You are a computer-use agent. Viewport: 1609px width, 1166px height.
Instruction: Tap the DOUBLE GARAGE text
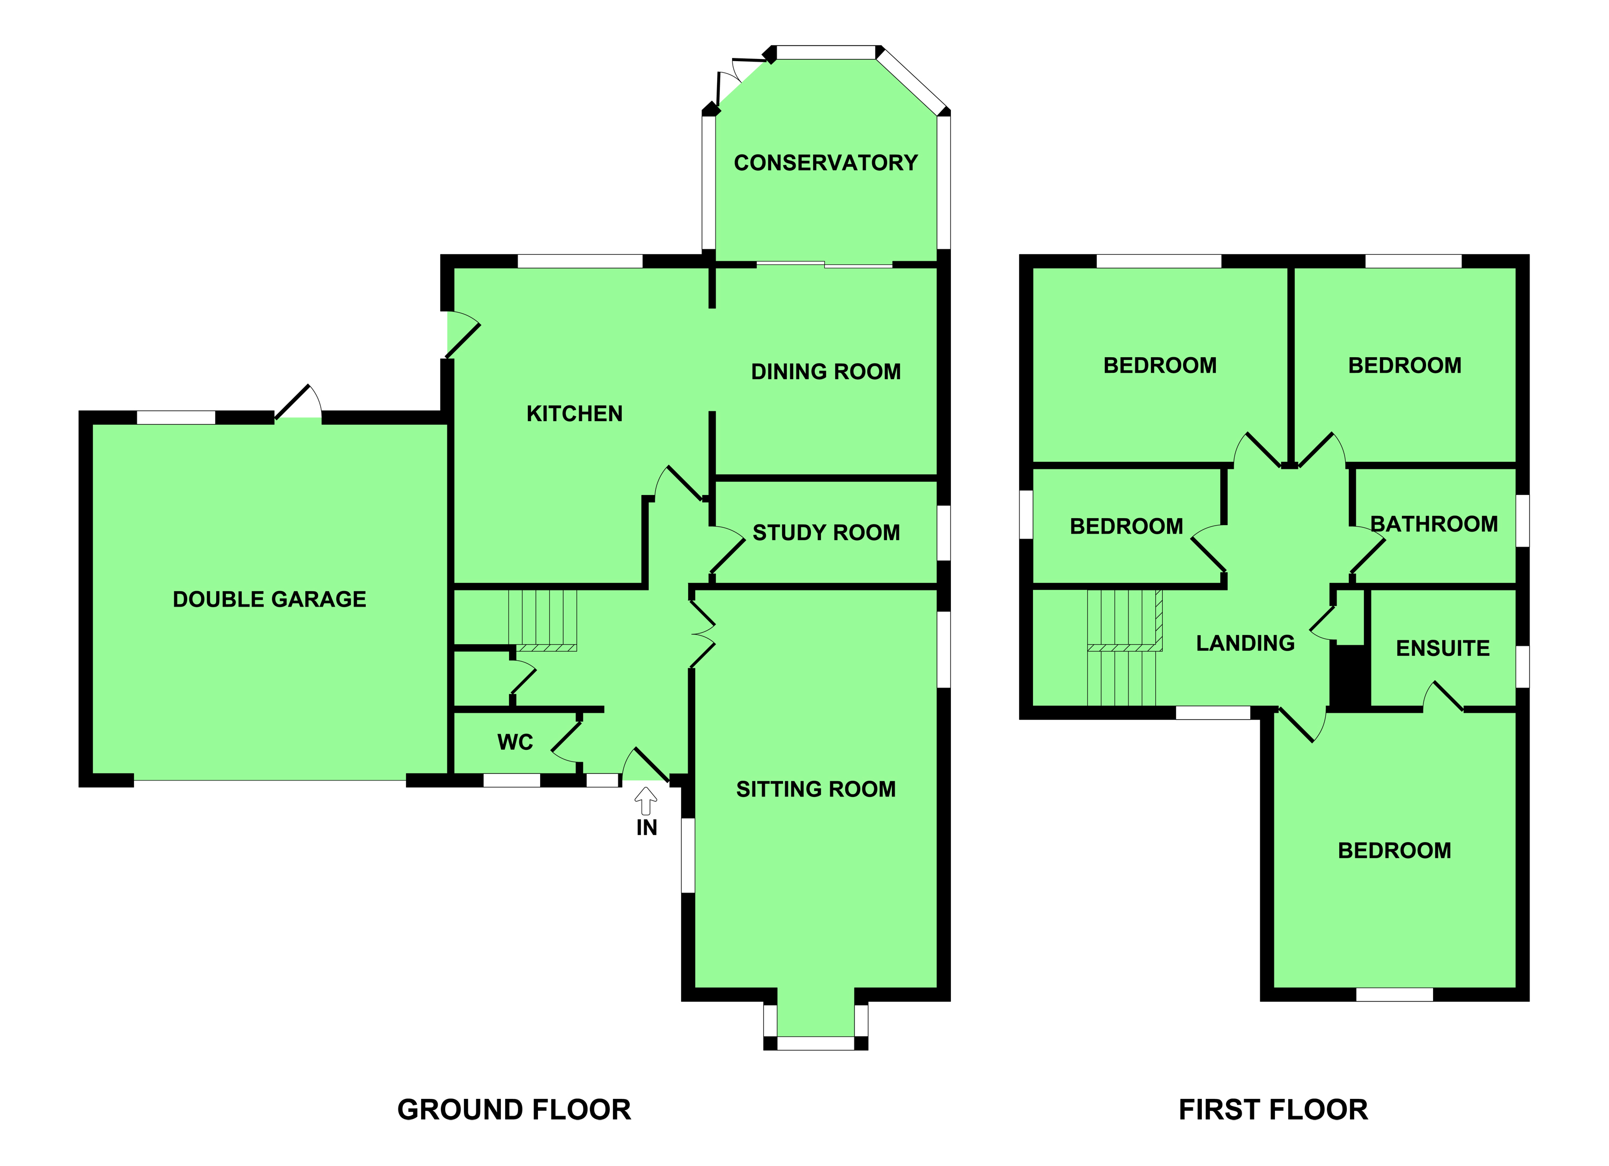point(270,599)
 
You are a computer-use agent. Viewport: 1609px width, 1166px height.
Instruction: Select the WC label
point(515,743)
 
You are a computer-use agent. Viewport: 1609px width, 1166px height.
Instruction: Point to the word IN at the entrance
point(646,828)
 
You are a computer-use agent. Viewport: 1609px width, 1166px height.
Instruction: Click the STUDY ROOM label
point(826,533)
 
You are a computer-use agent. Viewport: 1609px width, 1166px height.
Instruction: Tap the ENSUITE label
point(1442,648)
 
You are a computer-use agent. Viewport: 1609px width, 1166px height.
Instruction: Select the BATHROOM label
point(1434,524)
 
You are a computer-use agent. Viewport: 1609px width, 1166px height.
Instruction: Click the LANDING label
point(1245,643)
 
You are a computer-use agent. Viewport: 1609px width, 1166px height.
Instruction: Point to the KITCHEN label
point(574,414)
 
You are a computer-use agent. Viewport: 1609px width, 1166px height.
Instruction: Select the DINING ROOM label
point(826,372)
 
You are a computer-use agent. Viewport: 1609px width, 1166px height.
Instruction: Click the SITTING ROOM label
point(816,789)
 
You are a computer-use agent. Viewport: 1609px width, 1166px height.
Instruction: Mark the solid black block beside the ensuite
point(1349,677)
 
